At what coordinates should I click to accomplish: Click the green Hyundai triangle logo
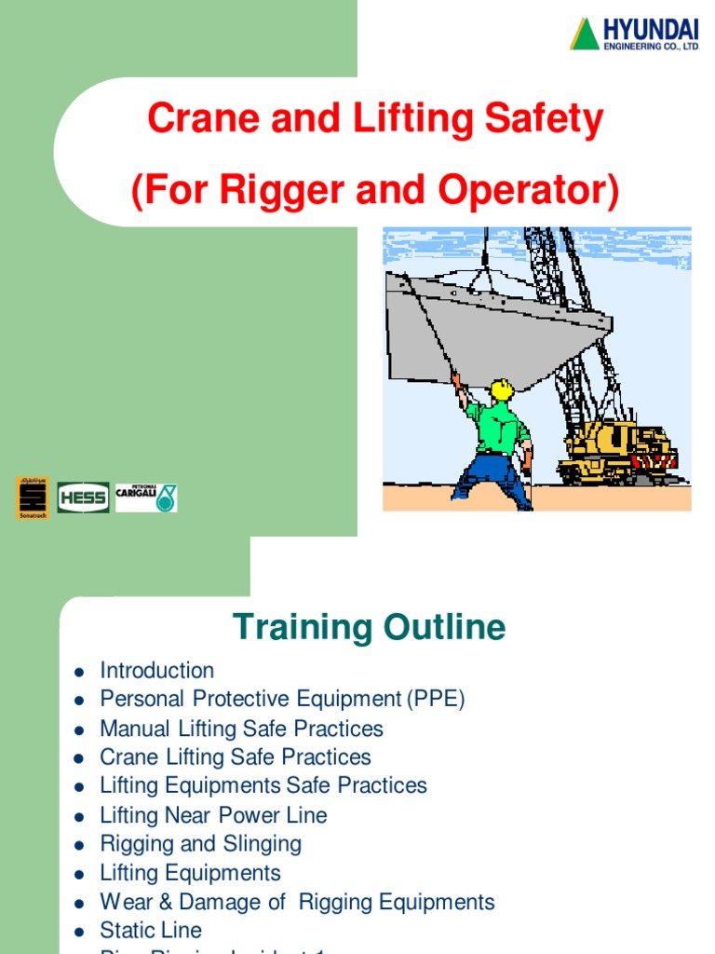[x=585, y=34]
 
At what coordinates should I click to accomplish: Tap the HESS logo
[x=83, y=497]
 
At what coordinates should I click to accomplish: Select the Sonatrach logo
[x=33, y=497]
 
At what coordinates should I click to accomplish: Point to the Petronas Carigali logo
[x=146, y=497]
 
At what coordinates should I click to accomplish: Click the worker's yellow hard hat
[x=502, y=388]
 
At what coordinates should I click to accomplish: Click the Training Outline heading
[x=369, y=627]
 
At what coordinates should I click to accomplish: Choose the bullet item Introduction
[x=156, y=671]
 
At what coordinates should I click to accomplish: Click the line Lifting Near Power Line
[x=213, y=815]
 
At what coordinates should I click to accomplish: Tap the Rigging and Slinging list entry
[x=200, y=844]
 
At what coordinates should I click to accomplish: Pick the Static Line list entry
[x=150, y=931]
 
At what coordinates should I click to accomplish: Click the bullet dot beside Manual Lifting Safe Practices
[x=80, y=729]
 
